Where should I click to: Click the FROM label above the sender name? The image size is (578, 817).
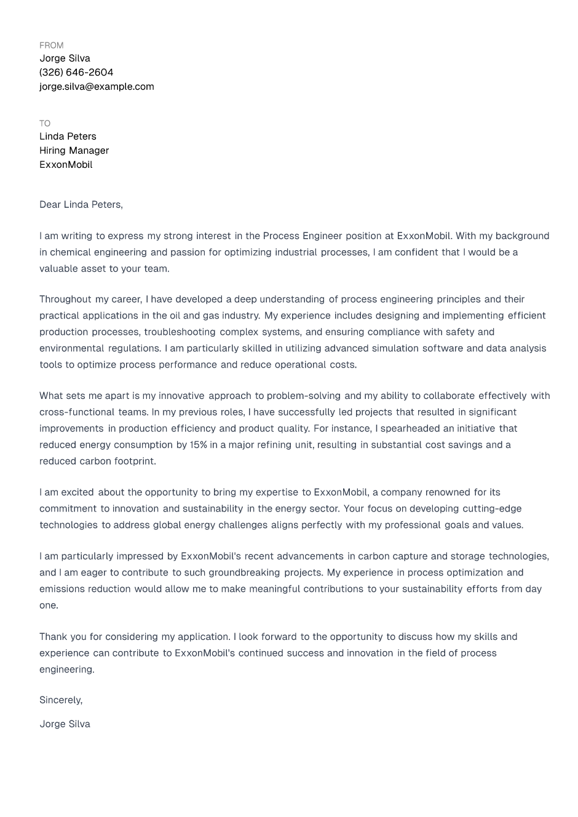(51, 45)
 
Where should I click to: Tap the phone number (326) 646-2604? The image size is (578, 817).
(76, 73)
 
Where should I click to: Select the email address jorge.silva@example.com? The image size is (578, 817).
(97, 87)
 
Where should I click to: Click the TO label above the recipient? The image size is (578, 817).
(45, 124)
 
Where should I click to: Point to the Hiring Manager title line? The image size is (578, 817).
(74, 151)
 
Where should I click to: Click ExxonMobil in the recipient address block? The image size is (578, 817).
(66, 165)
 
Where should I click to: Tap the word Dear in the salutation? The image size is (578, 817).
(50, 205)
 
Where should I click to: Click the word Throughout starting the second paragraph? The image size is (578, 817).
(65, 299)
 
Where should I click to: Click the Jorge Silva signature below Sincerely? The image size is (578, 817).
(65, 724)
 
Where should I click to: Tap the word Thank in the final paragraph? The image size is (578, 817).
(52, 637)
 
